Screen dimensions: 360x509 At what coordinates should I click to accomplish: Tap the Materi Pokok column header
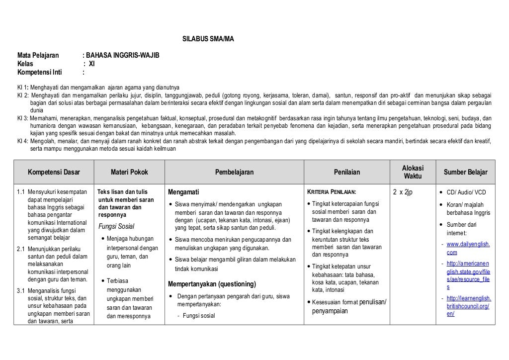tap(129, 173)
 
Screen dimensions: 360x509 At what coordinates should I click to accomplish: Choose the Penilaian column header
tap(347, 173)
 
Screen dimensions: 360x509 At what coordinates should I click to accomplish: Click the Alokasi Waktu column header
tap(412, 173)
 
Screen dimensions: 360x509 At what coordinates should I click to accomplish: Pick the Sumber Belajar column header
tap(466, 173)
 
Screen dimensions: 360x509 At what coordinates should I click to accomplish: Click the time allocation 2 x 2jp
tap(403, 192)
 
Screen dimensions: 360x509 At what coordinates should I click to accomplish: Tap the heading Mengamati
tap(184, 192)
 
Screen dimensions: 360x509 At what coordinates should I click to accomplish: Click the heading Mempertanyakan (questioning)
tap(212, 284)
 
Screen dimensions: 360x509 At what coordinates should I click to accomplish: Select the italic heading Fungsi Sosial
tap(116, 227)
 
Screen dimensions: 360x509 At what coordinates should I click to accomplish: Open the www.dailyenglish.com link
tap(468, 248)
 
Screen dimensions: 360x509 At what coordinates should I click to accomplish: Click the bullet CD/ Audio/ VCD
tap(466, 192)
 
